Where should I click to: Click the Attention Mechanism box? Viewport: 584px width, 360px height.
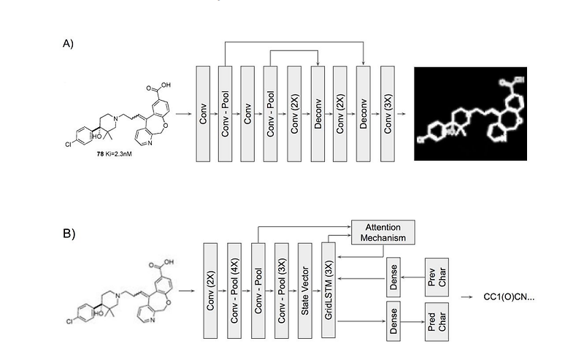pos(383,231)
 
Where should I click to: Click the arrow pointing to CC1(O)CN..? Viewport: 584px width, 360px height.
pos(468,297)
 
